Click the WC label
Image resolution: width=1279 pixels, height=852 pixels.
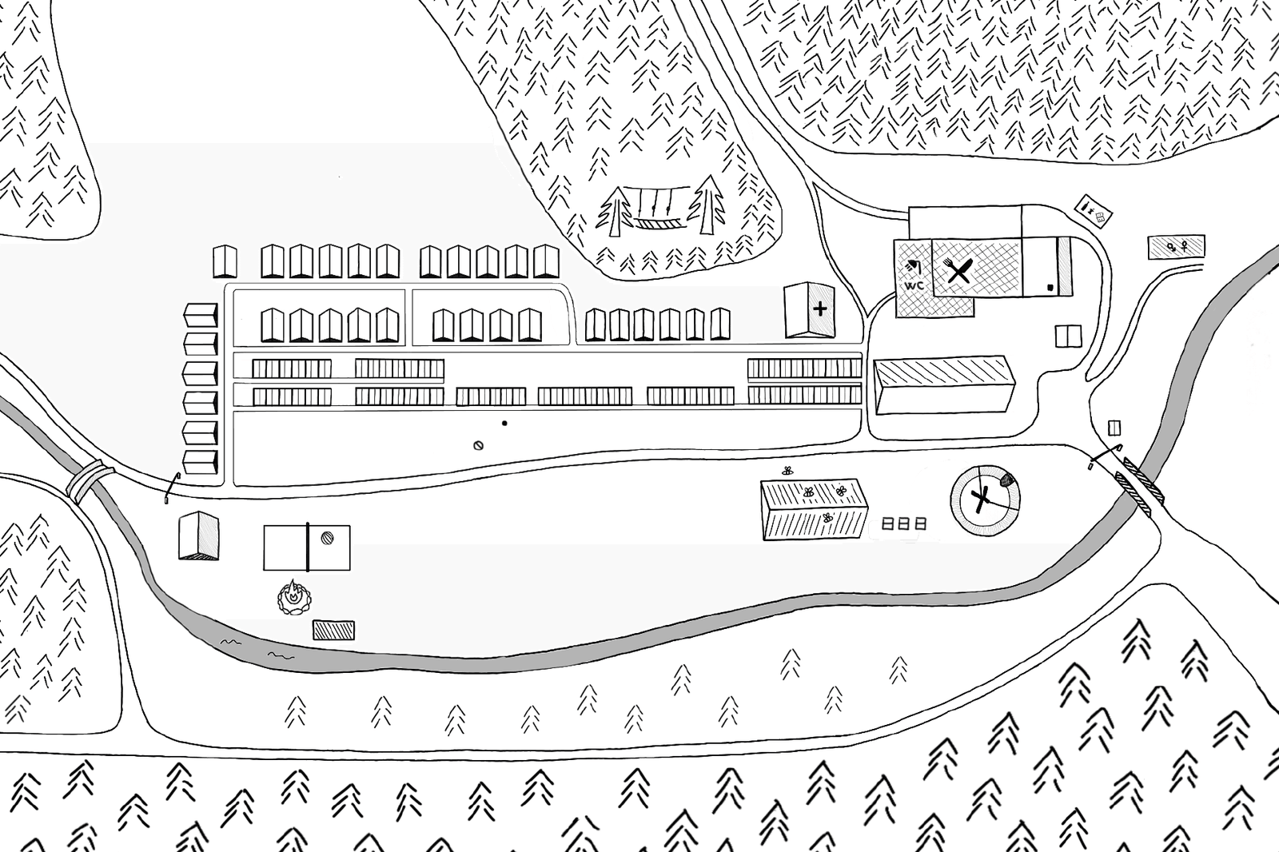[x=914, y=285]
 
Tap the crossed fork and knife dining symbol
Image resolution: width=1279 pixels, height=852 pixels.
[x=958, y=270]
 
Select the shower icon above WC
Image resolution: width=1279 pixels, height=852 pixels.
[x=912, y=267]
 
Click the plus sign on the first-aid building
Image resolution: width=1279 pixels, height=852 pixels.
[x=820, y=309]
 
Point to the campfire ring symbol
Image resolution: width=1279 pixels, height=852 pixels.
[x=294, y=597]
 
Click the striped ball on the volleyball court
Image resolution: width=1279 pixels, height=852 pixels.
[x=327, y=538]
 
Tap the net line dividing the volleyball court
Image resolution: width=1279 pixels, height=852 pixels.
[x=308, y=547]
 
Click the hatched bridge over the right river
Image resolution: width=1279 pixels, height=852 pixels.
[x=1142, y=485]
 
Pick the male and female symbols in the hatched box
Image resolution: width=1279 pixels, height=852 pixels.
[x=1177, y=247]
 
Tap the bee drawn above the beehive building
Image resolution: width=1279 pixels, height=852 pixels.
[x=787, y=471]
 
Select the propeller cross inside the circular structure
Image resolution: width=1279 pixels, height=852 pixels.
[x=980, y=501]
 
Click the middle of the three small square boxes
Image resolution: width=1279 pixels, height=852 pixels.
[x=904, y=524]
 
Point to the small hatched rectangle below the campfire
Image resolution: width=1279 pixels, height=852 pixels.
[x=333, y=630]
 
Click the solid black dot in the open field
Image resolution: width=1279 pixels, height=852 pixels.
[x=504, y=423]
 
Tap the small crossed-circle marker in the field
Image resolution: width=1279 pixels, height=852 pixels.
[x=479, y=445]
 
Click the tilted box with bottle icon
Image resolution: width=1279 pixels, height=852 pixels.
[x=1094, y=211]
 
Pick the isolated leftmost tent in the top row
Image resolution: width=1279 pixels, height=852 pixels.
[x=225, y=261]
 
